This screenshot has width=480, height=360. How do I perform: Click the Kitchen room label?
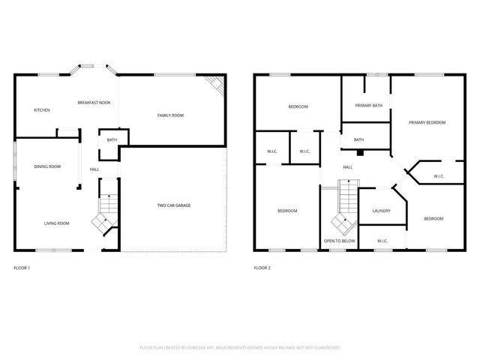click(x=42, y=111)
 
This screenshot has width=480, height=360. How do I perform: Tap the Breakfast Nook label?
click(x=94, y=102)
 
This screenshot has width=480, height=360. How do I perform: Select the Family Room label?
click(x=170, y=115)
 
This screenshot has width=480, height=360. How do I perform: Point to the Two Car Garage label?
click(x=172, y=205)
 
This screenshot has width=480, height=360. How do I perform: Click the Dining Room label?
click(x=47, y=166)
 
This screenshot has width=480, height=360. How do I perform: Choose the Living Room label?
click(x=56, y=223)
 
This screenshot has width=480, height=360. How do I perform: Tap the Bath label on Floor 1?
click(x=112, y=140)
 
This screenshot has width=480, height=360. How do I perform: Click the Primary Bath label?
click(x=368, y=106)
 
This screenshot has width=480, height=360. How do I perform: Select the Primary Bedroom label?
click(x=427, y=122)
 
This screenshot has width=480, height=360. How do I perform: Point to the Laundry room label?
click(x=381, y=211)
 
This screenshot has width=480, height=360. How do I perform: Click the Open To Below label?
click(x=339, y=241)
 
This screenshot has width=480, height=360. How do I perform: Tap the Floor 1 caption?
click(x=22, y=268)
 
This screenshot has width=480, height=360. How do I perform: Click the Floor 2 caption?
click(x=262, y=268)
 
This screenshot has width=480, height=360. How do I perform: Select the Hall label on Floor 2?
click(x=348, y=167)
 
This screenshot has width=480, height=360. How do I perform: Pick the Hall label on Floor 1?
click(x=94, y=169)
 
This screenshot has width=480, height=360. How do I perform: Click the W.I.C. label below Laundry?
click(x=382, y=241)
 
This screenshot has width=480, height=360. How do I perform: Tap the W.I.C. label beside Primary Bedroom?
click(x=439, y=176)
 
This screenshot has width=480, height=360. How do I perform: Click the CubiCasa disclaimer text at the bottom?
click(x=240, y=348)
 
